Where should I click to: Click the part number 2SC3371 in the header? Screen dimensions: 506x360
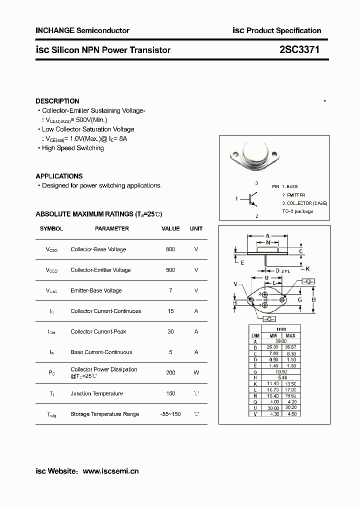pos(299,50)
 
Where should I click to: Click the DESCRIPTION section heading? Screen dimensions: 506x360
pos(57,101)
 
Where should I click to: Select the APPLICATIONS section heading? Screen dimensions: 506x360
pos(59,176)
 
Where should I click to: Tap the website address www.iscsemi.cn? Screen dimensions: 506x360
pos(110,471)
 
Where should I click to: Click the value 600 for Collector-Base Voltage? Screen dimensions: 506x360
pos(170,249)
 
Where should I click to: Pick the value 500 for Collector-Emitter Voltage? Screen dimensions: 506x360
pos(170,270)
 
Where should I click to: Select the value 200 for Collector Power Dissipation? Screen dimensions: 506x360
pos(170,372)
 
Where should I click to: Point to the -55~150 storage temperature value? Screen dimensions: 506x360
pos(170,414)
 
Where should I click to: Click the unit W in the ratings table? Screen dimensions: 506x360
pos(196,372)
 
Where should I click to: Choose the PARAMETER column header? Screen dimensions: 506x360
pos(112,228)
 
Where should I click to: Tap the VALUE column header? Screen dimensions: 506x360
pos(170,228)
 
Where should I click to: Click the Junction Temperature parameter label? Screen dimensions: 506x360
pos(96,393)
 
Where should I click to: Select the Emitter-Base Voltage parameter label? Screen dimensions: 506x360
pos(96,290)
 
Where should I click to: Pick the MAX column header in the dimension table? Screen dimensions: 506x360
pos(291,335)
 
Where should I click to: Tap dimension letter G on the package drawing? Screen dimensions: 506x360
pos(300,300)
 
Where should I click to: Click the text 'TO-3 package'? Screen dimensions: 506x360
pos(297,211)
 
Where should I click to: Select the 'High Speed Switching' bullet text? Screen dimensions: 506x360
pos(73,148)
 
